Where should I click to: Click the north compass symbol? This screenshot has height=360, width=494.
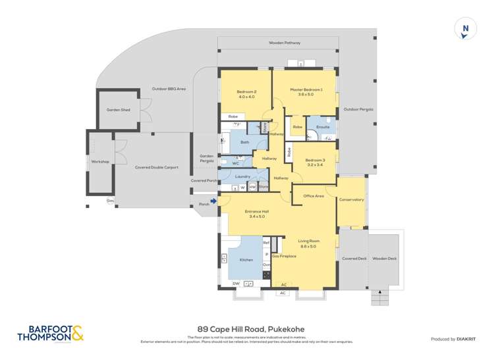click(x=466, y=30)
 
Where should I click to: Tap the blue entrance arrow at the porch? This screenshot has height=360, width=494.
click(x=213, y=201)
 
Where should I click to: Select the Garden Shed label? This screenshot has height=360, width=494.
click(x=118, y=109)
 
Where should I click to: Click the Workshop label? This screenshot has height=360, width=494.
click(x=100, y=161)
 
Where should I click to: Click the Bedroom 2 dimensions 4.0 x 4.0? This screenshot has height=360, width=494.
click(x=246, y=97)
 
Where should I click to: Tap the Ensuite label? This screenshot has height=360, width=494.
click(x=323, y=126)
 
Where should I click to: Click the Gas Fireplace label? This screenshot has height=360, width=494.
click(x=284, y=255)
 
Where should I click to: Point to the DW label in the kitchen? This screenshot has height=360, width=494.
click(x=236, y=283)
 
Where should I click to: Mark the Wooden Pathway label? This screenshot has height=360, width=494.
click(x=285, y=43)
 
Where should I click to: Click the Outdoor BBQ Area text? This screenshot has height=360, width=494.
click(x=169, y=88)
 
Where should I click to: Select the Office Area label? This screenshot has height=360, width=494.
click(x=313, y=195)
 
